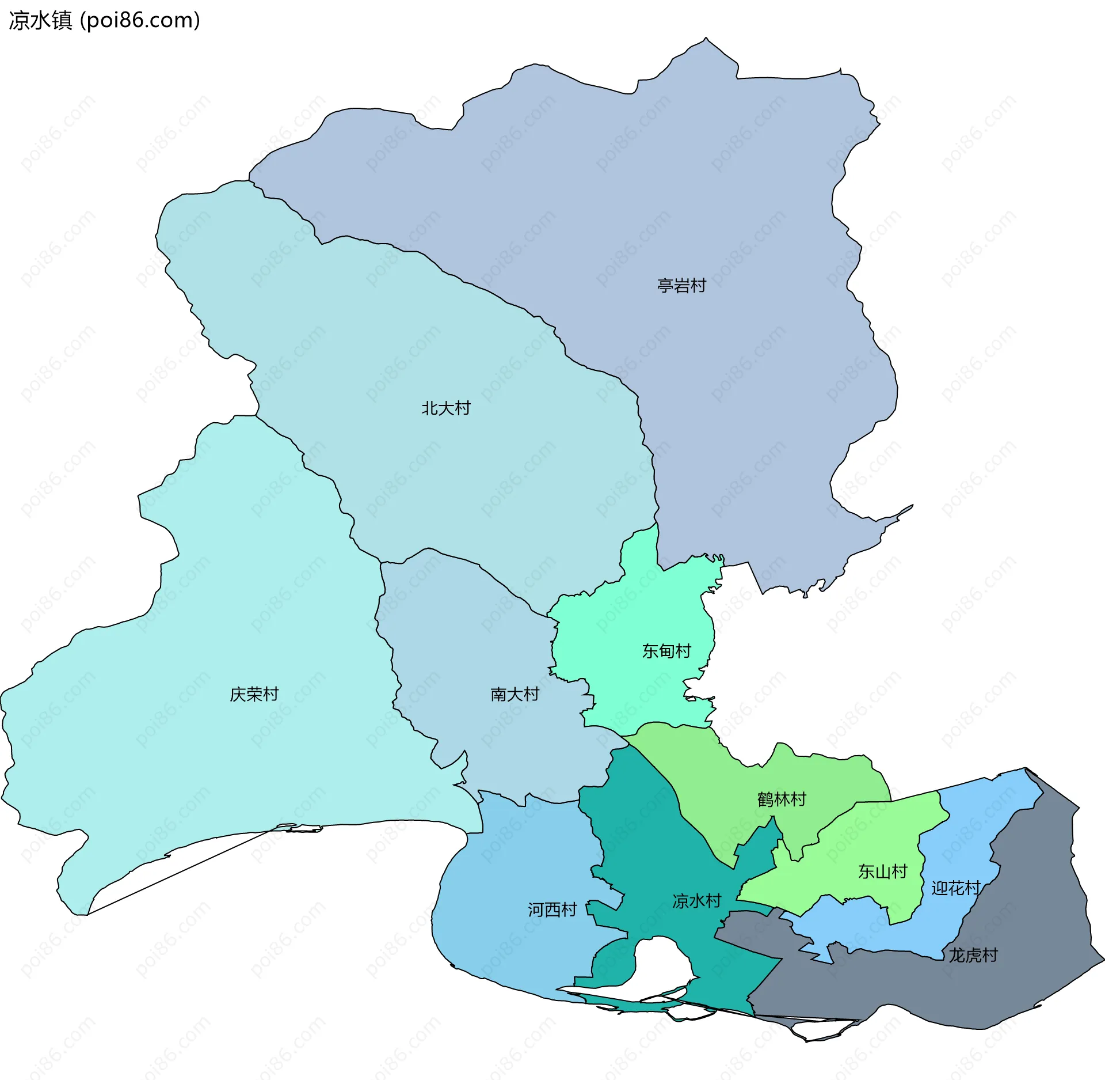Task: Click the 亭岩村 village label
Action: tap(681, 286)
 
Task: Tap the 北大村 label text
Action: tap(446, 408)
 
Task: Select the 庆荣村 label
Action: tap(254, 694)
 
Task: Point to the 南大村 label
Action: tap(515, 694)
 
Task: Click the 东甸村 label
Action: tap(666, 651)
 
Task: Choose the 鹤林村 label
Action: tap(782, 799)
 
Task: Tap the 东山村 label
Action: tap(882, 871)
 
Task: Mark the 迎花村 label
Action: tap(955, 888)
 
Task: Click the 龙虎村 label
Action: tap(973, 955)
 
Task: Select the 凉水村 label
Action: tap(696, 901)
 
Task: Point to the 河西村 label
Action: tap(552, 910)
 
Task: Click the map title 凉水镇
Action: tap(40, 20)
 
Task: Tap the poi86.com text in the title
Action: tap(140, 20)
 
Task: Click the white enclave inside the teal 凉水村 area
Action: tap(662, 968)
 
